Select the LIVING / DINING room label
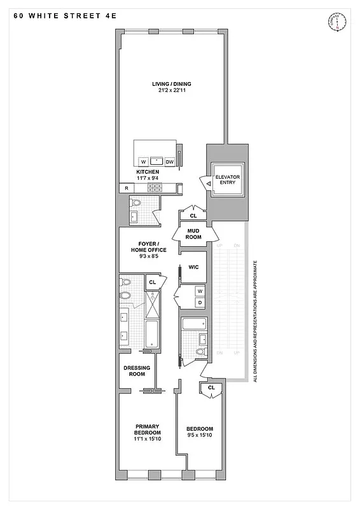tap(171, 84)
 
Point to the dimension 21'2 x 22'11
tap(171, 91)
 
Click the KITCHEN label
tap(148, 172)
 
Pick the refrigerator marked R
tap(127, 188)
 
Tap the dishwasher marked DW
tap(170, 162)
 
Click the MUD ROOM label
tap(193, 234)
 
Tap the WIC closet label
tap(193, 267)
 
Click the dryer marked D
tap(199, 302)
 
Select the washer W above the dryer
tap(199, 291)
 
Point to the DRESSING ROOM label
tap(136, 371)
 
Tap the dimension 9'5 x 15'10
tap(200, 436)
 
